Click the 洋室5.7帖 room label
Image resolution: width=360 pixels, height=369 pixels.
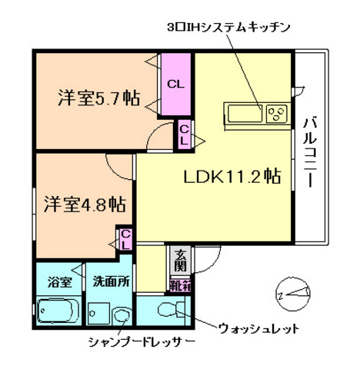point(96,98)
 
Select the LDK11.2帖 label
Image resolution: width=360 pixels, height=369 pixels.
point(231,176)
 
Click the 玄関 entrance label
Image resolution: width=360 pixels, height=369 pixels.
point(178,261)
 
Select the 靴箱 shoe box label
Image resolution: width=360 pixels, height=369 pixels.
point(179,284)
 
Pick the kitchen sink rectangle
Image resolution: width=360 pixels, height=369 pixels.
point(244,115)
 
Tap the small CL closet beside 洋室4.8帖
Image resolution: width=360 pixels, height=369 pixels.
point(125,238)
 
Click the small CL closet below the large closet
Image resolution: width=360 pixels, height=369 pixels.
point(185,135)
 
